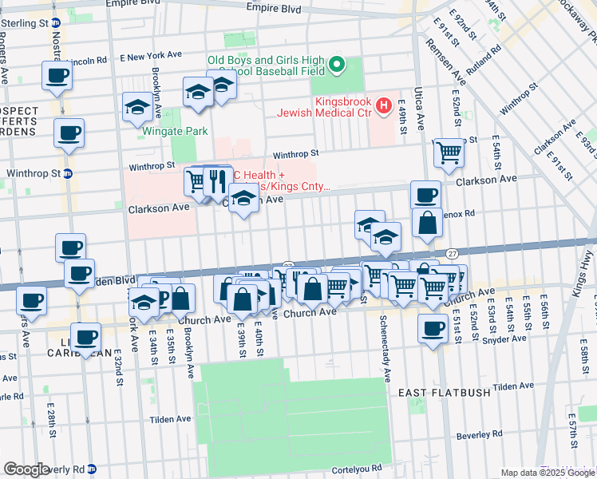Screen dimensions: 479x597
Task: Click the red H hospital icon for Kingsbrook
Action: [384, 104]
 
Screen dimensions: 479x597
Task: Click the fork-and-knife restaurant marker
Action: [217, 181]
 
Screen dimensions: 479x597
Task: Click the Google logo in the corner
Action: [26, 469]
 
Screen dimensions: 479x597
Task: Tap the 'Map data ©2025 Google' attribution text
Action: [548, 473]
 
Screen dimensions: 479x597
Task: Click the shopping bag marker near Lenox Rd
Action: [428, 224]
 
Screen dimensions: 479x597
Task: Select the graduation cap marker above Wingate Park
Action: [138, 107]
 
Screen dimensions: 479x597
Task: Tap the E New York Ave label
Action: [151, 57]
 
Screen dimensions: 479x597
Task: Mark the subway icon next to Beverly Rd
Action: [93, 469]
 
